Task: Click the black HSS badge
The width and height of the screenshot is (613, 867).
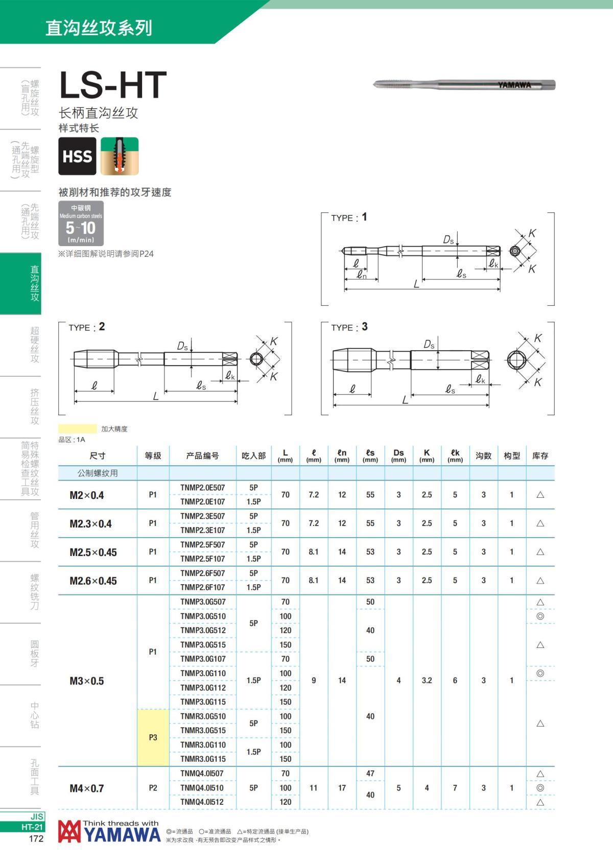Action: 78,156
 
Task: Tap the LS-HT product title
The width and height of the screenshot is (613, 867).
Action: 113,85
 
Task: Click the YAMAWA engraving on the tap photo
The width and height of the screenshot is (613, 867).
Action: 514,85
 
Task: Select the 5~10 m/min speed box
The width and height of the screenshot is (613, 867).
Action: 81,223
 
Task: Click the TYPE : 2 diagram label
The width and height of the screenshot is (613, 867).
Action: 87,327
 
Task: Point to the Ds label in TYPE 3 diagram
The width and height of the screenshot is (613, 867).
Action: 429,344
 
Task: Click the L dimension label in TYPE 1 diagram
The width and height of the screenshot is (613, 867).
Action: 416,284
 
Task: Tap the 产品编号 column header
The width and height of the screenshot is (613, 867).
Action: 202,456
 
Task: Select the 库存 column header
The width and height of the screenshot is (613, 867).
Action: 540,456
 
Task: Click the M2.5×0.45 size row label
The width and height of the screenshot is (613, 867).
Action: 93,552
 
